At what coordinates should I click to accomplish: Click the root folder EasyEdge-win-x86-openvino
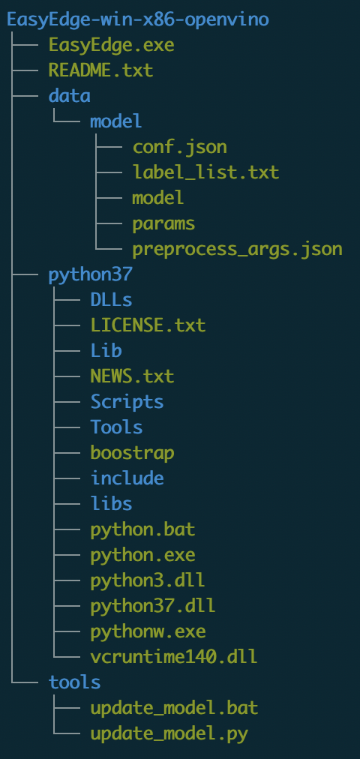pos(138,19)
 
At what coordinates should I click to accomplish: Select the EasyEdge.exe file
pos(111,46)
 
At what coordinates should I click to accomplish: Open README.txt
pos(100,70)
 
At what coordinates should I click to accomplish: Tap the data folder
pos(69,96)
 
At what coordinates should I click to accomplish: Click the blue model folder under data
pos(116,121)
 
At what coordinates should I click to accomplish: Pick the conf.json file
pos(179,147)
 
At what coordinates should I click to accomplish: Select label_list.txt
pos(205,172)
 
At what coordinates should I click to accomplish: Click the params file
pos(163,223)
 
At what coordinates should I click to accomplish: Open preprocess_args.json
pos(237,249)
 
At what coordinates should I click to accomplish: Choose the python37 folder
pos(90,275)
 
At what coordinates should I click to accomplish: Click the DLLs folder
pos(111,300)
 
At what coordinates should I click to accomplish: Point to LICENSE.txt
pos(148,325)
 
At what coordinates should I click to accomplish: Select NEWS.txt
pos(132,376)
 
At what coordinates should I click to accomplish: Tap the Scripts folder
pos(127,402)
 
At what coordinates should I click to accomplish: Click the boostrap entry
pos(132,453)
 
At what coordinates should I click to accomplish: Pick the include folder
pos(127,478)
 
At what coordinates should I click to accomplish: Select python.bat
pos(142,529)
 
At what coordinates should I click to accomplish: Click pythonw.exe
pos(148,631)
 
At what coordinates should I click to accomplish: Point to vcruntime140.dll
pos(174,657)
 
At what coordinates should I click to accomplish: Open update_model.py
pos(169,733)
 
